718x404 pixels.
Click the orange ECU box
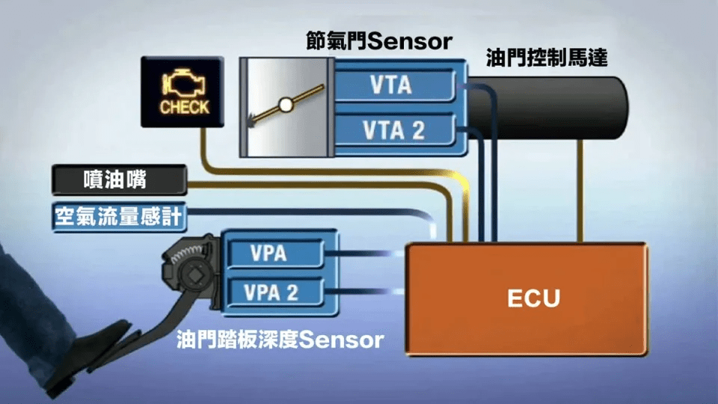527,299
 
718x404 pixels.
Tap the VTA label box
392,85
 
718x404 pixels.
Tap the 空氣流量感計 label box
119,218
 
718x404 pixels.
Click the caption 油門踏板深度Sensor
280,340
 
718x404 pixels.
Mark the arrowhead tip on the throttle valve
251,123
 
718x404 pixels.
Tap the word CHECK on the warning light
184,106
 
